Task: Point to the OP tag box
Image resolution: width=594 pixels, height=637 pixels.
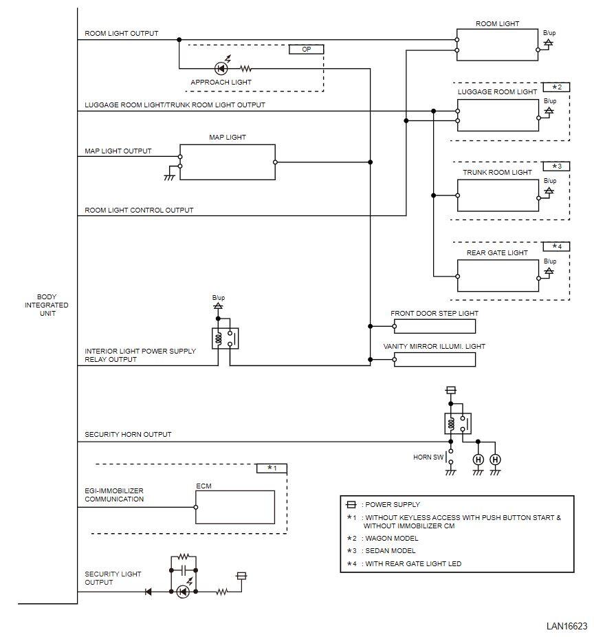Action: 306,49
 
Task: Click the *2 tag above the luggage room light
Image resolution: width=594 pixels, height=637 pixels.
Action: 556,87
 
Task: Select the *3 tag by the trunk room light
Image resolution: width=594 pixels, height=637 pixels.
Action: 556,166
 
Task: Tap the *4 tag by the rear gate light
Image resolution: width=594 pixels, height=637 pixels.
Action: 556,246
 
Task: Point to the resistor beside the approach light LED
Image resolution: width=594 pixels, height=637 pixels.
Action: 245,69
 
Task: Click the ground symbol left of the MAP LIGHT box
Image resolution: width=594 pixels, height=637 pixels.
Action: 169,175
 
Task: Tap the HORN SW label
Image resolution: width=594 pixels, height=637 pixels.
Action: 428,457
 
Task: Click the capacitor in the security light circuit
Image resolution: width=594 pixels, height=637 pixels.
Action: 183,570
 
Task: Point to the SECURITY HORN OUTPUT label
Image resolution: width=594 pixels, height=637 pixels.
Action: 128,434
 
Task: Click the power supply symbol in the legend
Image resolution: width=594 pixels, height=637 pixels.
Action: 351,504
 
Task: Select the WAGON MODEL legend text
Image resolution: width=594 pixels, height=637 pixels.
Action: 391,538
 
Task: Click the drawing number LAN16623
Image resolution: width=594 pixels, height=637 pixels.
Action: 566,626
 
